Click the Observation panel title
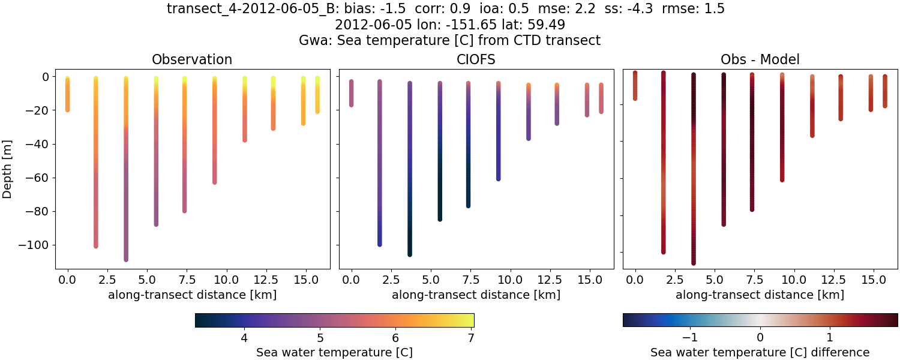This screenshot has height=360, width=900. (x=192, y=59)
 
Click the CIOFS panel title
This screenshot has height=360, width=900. (x=476, y=59)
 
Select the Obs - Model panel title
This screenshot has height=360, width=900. (x=760, y=59)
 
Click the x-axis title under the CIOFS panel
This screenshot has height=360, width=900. (x=476, y=295)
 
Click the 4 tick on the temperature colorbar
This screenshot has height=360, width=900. (x=244, y=338)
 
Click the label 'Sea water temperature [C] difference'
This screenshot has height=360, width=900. (x=760, y=352)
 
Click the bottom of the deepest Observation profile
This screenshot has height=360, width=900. (x=126, y=259)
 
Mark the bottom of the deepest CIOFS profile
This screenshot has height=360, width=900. (x=410, y=254)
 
